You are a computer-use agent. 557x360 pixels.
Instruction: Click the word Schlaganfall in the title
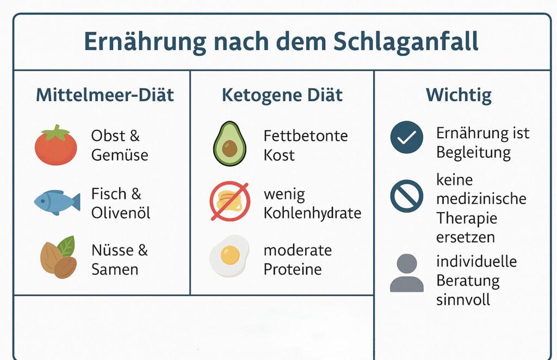click(406, 42)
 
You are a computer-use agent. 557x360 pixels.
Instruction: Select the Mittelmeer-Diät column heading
click(105, 95)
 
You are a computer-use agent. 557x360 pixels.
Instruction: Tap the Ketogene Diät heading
click(282, 95)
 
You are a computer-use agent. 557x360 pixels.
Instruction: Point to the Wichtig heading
click(459, 96)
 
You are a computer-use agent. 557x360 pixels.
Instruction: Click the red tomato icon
click(56, 145)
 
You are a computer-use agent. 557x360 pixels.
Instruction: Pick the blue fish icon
click(57, 202)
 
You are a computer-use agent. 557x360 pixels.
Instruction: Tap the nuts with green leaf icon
click(59, 257)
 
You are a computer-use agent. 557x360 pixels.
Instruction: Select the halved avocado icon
click(230, 144)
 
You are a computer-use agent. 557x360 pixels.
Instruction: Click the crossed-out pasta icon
click(230, 201)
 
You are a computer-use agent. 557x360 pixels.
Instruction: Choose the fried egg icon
click(230, 256)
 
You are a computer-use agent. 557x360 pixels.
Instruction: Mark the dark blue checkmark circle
click(407, 138)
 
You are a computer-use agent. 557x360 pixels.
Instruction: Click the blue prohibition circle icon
click(407, 196)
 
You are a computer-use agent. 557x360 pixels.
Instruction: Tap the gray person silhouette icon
click(407, 272)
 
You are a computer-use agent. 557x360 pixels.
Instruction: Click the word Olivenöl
click(121, 213)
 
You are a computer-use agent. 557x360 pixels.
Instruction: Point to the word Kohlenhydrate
click(313, 213)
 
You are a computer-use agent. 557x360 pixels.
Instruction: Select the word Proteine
click(293, 270)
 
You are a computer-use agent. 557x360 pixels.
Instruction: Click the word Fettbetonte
click(306, 136)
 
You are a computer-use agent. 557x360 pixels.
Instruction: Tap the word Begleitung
click(474, 153)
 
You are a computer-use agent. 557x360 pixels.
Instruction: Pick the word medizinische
click(481, 199)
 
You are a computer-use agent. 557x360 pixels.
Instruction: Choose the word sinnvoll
click(463, 300)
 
